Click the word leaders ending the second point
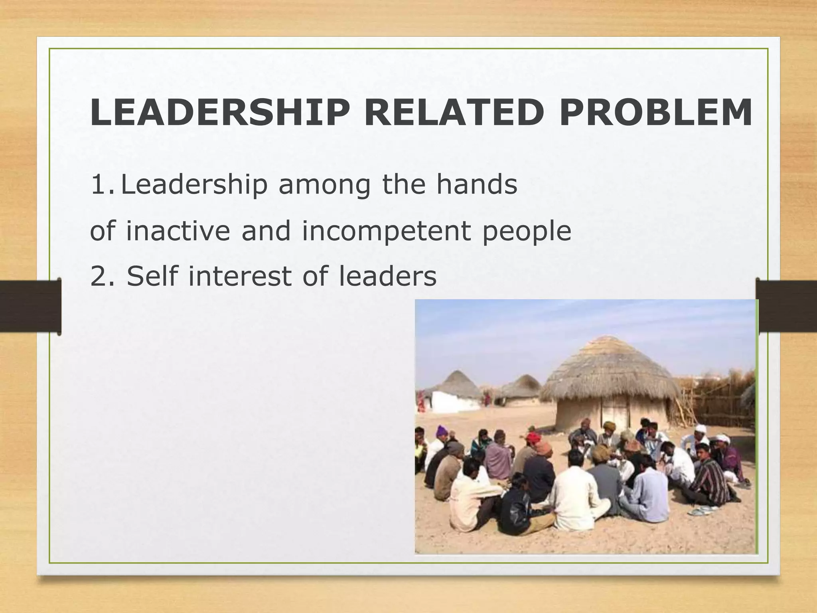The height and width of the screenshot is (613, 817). (x=387, y=276)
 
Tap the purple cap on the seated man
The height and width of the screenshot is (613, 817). (x=442, y=431)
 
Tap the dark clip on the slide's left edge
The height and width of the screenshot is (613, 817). (x=30, y=306)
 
